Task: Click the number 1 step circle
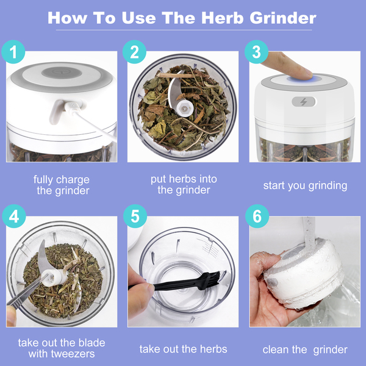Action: tap(13, 52)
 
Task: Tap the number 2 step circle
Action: tap(134, 52)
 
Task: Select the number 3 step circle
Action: tap(256, 52)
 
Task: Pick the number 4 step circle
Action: tap(14, 216)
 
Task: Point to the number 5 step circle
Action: tap(135, 216)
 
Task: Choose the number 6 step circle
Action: tap(257, 216)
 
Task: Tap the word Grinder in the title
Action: tap(283, 18)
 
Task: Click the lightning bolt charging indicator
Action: tap(303, 102)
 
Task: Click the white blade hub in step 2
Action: tap(184, 109)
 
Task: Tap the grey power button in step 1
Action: tap(62, 73)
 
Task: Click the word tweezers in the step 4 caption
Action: tap(73, 354)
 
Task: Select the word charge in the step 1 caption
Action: tap(73, 180)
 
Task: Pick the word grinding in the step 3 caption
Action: tap(328, 186)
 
